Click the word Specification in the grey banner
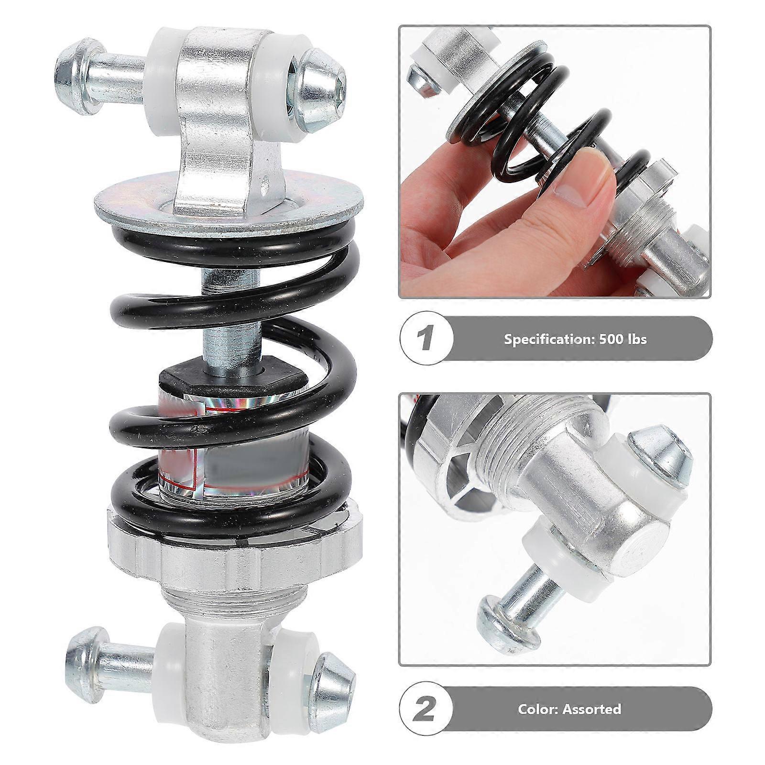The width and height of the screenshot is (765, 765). (x=543, y=339)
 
